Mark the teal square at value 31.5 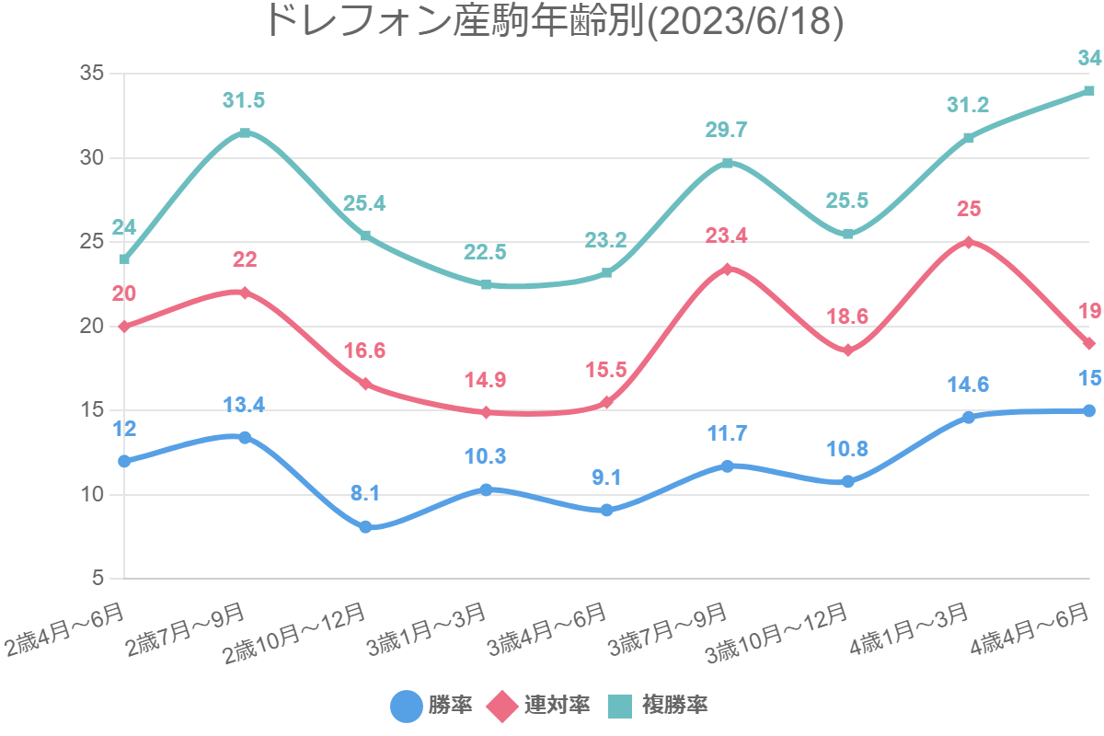[x=245, y=132]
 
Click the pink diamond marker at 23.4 [x=727, y=270]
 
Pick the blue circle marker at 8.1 [x=365, y=527]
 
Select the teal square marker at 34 [x=1088, y=90]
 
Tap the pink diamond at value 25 [x=968, y=242]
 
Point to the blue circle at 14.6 [x=968, y=418]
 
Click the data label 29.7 [x=727, y=130]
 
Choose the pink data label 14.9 [x=486, y=381]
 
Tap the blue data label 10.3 [x=486, y=456]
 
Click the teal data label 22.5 [x=486, y=252]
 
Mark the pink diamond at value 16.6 [x=365, y=384]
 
